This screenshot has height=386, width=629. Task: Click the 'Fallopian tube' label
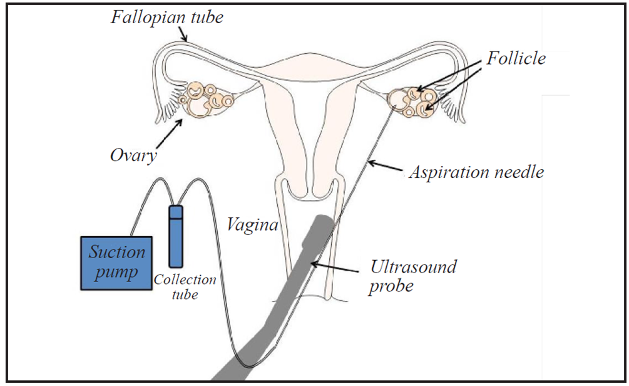pyautogui.click(x=166, y=17)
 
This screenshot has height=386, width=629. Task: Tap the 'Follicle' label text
pyautogui.click(x=517, y=59)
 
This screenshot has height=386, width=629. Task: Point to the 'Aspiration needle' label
pyautogui.click(x=476, y=172)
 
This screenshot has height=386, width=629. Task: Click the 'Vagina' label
pyautogui.click(x=252, y=224)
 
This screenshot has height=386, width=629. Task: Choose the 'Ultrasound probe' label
pyautogui.click(x=413, y=276)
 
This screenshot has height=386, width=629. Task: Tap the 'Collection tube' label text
pyautogui.click(x=185, y=287)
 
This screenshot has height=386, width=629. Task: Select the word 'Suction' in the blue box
pyautogui.click(x=117, y=253)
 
